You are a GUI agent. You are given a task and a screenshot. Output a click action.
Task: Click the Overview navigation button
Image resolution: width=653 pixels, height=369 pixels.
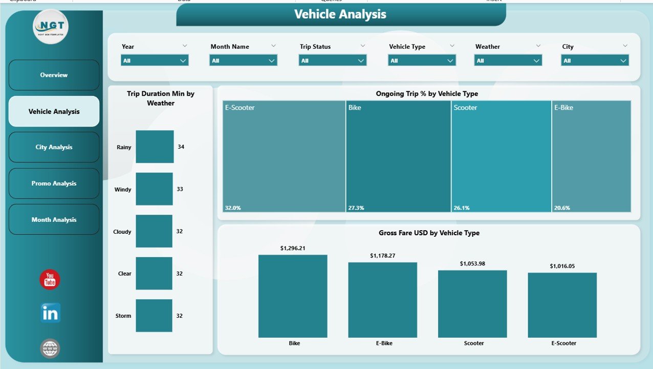(54, 75)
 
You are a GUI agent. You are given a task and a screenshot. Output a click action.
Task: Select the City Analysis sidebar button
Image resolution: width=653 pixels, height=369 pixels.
(54, 147)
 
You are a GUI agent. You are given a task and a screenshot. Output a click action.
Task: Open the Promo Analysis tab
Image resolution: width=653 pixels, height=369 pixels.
(54, 183)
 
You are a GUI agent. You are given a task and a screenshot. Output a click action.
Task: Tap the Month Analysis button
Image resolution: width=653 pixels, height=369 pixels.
(54, 219)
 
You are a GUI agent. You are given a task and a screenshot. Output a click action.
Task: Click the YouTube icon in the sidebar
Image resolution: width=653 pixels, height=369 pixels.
(50, 280)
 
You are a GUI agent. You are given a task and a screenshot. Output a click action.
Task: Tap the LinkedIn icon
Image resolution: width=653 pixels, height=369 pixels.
(50, 313)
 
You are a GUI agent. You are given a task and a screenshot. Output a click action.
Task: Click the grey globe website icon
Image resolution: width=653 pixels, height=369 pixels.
(50, 349)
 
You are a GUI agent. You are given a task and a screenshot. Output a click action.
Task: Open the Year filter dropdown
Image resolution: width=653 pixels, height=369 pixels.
(155, 60)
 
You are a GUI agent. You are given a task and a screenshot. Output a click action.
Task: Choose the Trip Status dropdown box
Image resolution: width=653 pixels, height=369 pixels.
(333, 60)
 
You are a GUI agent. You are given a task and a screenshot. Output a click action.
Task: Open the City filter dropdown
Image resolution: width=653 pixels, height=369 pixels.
(595, 60)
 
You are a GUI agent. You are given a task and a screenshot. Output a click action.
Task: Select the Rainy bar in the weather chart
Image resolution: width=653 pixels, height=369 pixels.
(155, 147)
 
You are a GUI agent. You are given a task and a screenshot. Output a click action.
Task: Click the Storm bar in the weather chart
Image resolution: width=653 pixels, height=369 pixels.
(154, 316)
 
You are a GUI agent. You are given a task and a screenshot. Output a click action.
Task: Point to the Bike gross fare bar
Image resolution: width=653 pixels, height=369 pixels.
(293, 296)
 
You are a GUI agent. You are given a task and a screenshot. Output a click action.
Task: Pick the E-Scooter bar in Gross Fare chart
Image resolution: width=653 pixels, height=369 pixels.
(562, 305)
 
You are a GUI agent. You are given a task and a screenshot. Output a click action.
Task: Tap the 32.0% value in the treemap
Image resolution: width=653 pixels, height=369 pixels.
(232, 208)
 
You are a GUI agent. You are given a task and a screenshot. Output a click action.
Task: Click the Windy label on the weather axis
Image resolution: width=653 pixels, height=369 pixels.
(123, 190)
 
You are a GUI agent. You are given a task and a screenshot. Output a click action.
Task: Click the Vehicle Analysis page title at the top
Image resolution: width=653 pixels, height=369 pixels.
(340, 14)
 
